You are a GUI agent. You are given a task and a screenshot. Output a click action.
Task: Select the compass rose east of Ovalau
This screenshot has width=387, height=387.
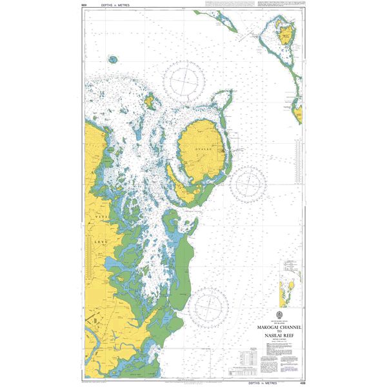pyautogui.click(x=248, y=183)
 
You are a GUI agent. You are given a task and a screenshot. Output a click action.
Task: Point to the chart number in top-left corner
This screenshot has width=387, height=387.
pyautogui.click(x=84, y=5)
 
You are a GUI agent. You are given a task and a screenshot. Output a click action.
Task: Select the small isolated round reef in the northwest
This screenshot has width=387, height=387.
pyautogui.click(x=114, y=59)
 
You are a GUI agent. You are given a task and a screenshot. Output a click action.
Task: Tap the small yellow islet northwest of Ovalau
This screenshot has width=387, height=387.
pyautogui.click(x=151, y=101)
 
